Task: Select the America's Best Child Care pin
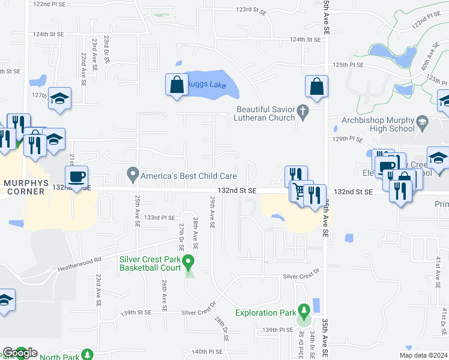pos(133,176)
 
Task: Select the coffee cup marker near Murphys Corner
pos(76,177)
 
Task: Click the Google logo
pos(19,353)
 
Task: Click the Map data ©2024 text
pos(423,355)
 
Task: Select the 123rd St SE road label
pos(250,10)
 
